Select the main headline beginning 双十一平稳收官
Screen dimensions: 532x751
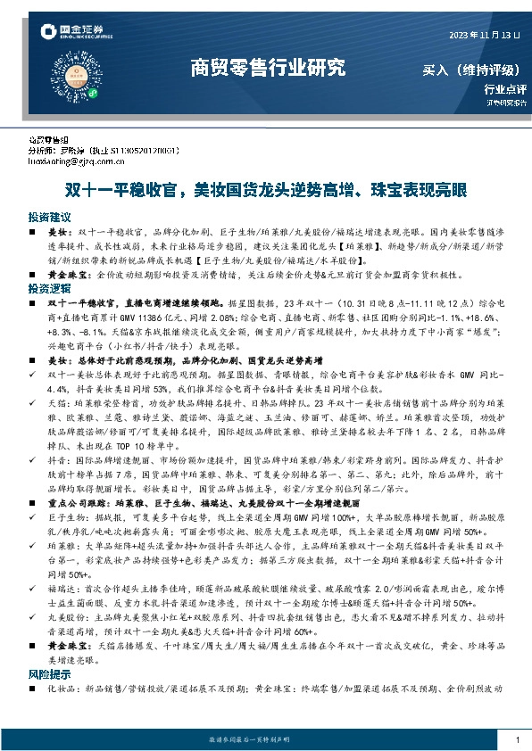pos(266,190)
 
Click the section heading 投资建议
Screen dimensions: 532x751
pos(49,217)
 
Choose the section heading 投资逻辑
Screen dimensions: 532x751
pos(49,290)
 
